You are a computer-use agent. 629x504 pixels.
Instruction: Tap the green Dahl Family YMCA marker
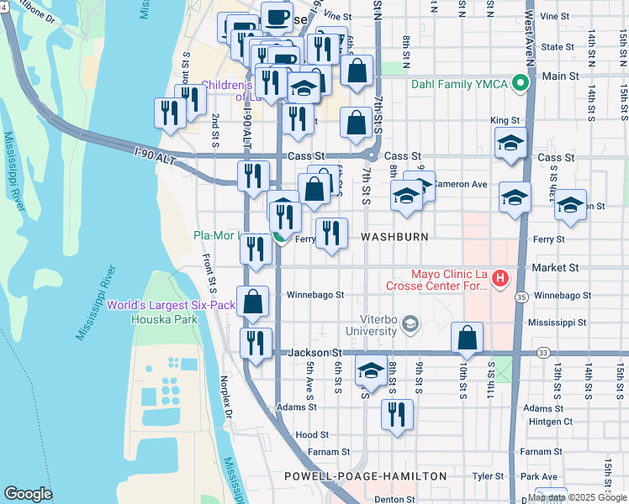coord(521,83)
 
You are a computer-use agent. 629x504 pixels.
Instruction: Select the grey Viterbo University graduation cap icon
coord(410,324)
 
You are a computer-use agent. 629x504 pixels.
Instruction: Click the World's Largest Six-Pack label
coord(171,305)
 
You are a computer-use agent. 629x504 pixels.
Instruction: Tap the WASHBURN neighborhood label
coord(394,238)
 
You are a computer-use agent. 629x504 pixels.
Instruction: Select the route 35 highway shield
coord(521,297)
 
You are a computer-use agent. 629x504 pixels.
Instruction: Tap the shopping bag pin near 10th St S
coord(467,339)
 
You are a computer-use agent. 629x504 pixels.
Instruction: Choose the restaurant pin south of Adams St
coord(397,415)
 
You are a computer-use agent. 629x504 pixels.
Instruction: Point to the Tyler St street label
coord(487,475)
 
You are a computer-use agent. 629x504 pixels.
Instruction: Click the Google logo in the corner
coord(29,494)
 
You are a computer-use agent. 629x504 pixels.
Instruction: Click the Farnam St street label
coord(310,452)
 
